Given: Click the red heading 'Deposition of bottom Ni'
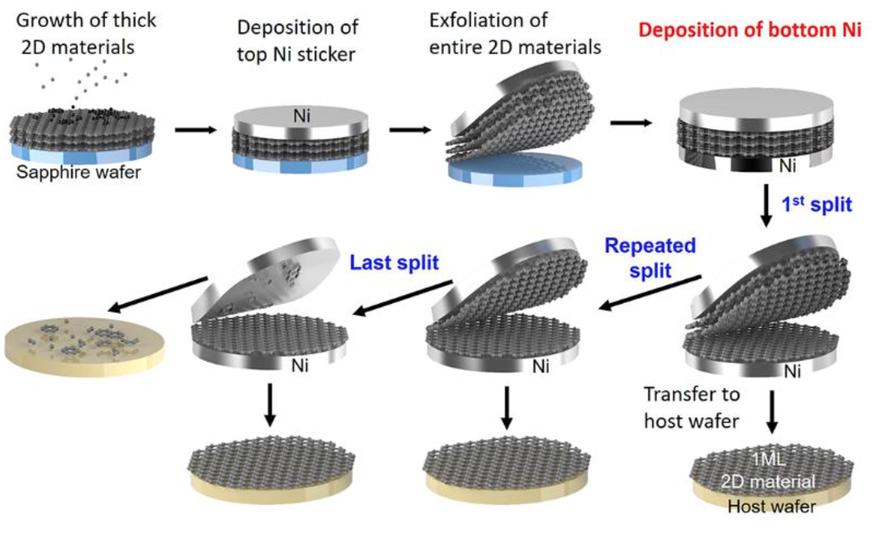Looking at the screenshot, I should pos(749,30).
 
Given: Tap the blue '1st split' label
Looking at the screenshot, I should pos(816,204).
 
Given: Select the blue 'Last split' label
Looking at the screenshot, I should pos(394,262).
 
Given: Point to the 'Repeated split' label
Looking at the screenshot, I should pos(650,258).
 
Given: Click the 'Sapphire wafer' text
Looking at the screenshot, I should pos(79,172).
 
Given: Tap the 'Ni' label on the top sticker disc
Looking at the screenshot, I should pos(301,116).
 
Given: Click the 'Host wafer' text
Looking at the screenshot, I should pos(771,507).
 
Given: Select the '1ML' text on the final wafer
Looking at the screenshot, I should pos(768,459).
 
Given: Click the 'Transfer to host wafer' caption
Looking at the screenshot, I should pos(692,408).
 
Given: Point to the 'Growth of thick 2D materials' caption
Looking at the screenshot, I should pos(86,33).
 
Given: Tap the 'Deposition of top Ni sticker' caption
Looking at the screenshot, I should pos(297,41).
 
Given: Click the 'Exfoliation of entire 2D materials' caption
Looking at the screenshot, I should pos(515,33).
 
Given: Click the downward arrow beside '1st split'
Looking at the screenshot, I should pos(766,205).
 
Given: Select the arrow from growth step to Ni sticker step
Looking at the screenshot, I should pos(196,130).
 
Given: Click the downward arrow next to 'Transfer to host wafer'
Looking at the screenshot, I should pos(771,412).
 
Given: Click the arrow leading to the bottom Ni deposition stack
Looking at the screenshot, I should pos(631,123).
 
